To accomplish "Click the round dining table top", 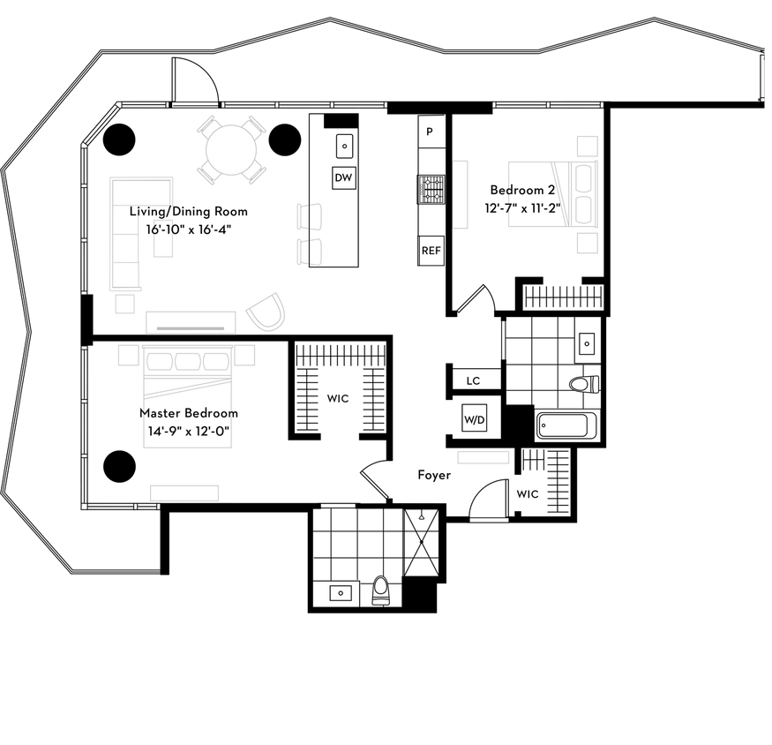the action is pyautogui.click(x=231, y=150).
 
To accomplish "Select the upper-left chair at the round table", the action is pyautogui.click(x=208, y=126).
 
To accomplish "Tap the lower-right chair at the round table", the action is pyautogui.click(x=255, y=173).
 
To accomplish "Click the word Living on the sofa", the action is pyautogui.click(x=147, y=212).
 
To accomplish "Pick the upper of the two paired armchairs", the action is pyautogui.click(x=309, y=216).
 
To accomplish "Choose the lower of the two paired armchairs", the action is pyautogui.click(x=309, y=251).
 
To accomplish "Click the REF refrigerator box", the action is pyautogui.click(x=431, y=251).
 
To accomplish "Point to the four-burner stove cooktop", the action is pyautogui.click(x=431, y=190).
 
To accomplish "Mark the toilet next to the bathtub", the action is pyautogui.click(x=584, y=385).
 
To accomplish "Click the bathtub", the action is pyautogui.click(x=567, y=425).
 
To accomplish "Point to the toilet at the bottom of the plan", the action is pyautogui.click(x=380, y=590).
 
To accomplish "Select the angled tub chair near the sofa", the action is pyautogui.click(x=266, y=312).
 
